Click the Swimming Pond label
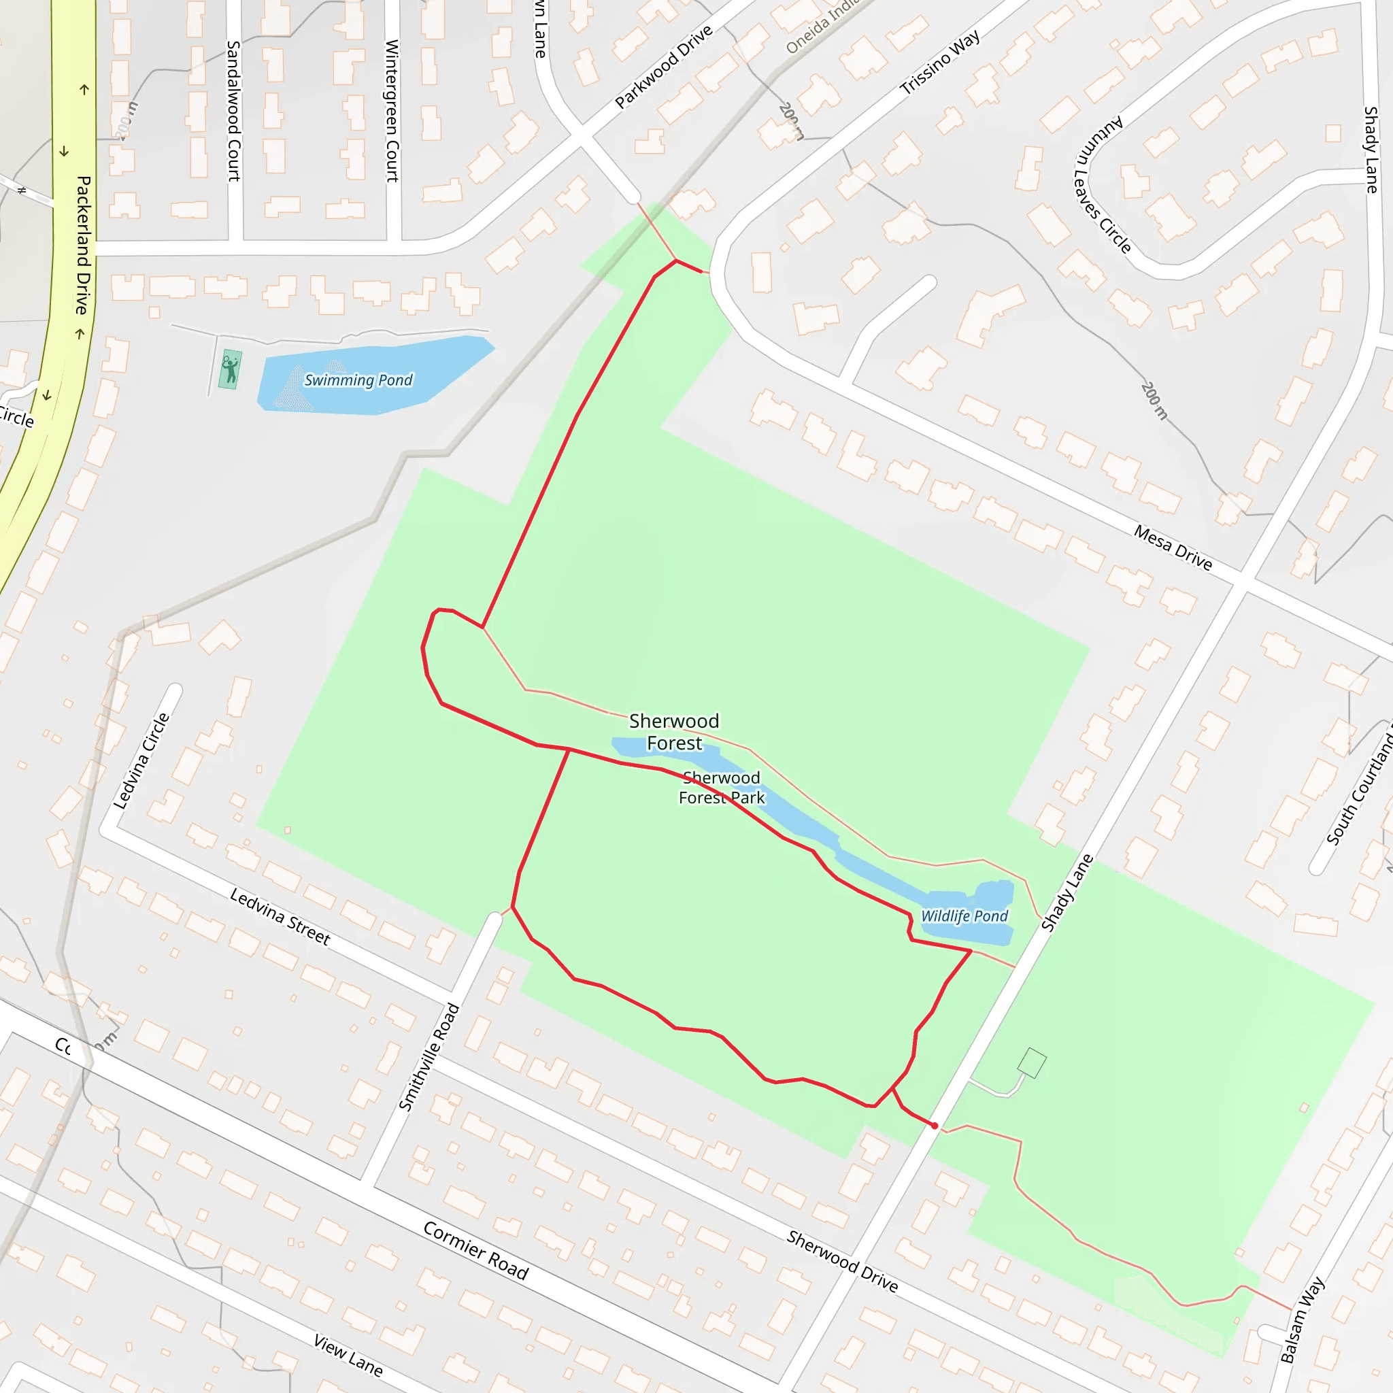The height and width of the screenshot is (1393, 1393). point(358,380)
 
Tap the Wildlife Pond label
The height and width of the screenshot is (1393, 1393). point(964,916)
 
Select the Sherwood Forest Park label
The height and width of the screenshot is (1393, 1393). point(721,788)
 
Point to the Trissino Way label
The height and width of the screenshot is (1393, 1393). point(939,62)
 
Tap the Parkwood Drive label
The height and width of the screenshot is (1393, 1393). point(663,67)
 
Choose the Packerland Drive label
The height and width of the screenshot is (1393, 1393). point(84,245)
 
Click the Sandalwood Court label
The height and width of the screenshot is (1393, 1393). point(233,111)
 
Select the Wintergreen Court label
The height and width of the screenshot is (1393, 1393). point(392,111)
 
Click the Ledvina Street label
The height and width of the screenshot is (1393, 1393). point(280,916)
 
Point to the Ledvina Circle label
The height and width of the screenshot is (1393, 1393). point(141,760)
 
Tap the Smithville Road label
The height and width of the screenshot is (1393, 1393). point(429,1057)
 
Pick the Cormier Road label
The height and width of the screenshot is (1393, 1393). point(476,1250)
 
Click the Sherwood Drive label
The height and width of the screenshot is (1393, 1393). point(842,1262)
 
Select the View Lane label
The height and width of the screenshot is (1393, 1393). point(348,1355)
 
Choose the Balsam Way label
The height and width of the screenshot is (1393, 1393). point(1302,1320)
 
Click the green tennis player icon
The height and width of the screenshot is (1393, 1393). point(230,370)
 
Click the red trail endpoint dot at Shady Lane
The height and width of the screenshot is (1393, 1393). point(935,1126)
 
